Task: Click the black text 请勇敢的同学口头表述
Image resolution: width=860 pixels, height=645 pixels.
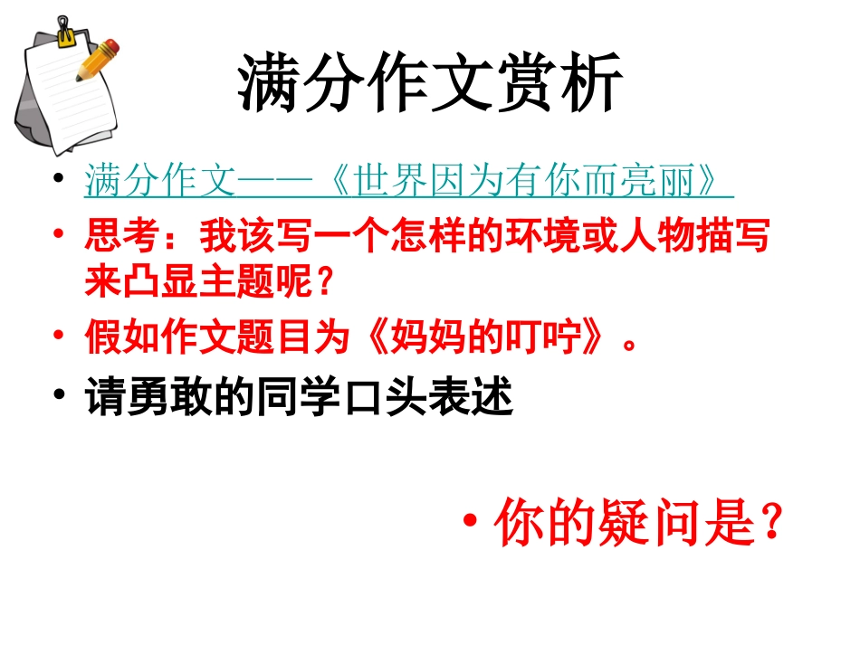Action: click(300, 398)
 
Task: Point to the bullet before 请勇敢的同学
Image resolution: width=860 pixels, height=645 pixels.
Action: click(61, 398)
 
